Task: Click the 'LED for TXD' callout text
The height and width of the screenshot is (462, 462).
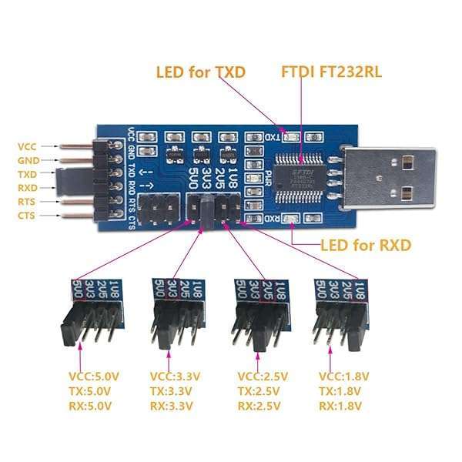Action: pos(200,73)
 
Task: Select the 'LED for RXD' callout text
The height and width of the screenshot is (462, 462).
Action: pos(366,246)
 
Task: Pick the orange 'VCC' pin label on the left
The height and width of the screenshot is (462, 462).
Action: pos(26,146)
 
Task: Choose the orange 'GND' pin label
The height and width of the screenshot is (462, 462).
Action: pos(26,159)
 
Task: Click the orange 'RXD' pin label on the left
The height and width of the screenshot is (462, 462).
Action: pos(26,187)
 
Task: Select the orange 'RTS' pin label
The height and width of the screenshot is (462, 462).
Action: pos(26,201)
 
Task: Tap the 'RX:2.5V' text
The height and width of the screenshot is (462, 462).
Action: pos(263,405)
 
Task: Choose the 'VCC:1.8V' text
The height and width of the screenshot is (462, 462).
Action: pos(343,377)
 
